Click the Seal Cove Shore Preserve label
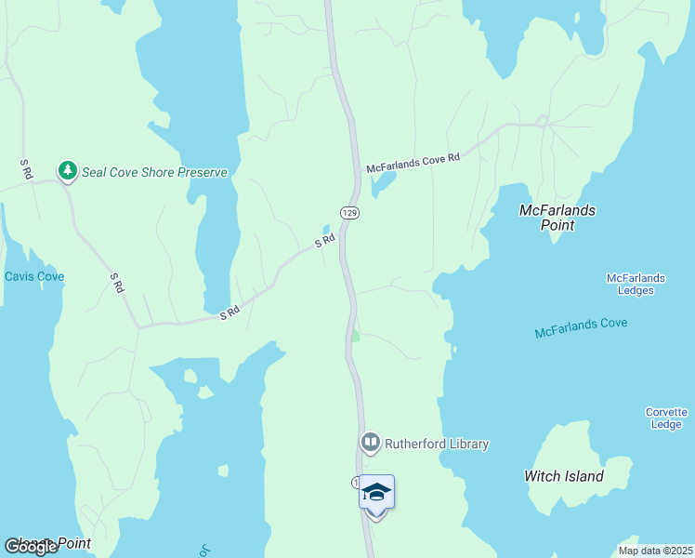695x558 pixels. tap(154, 172)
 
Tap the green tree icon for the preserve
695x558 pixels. tap(67, 170)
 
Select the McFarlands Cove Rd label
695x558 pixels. tap(413, 163)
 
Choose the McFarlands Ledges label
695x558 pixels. tap(636, 284)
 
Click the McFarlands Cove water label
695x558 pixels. tap(581, 327)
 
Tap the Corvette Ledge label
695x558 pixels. tap(667, 418)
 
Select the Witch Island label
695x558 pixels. tap(564, 476)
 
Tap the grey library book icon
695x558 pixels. tap(371, 443)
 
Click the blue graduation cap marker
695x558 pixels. tap(376, 492)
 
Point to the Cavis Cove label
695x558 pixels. tap(34, 276)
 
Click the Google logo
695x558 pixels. tap(31, 547)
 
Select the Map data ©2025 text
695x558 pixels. tap(654, 551)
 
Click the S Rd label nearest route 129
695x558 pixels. tap(324, 241)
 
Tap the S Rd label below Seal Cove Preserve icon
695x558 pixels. tap(116, 283)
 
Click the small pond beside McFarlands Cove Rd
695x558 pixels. tap(380, 185)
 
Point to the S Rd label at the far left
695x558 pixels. tap(26, 169)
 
